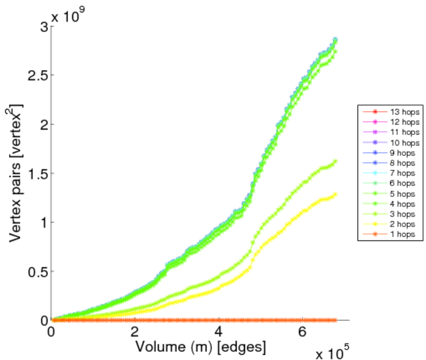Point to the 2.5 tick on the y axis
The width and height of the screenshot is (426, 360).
38,75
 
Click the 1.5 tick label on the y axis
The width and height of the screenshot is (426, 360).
38,173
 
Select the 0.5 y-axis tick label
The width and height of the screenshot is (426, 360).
38,271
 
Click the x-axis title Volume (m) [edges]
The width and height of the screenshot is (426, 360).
200,346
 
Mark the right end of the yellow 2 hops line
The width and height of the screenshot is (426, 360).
335,194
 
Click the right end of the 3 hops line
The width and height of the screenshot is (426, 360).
335,161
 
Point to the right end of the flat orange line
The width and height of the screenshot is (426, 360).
335,320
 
